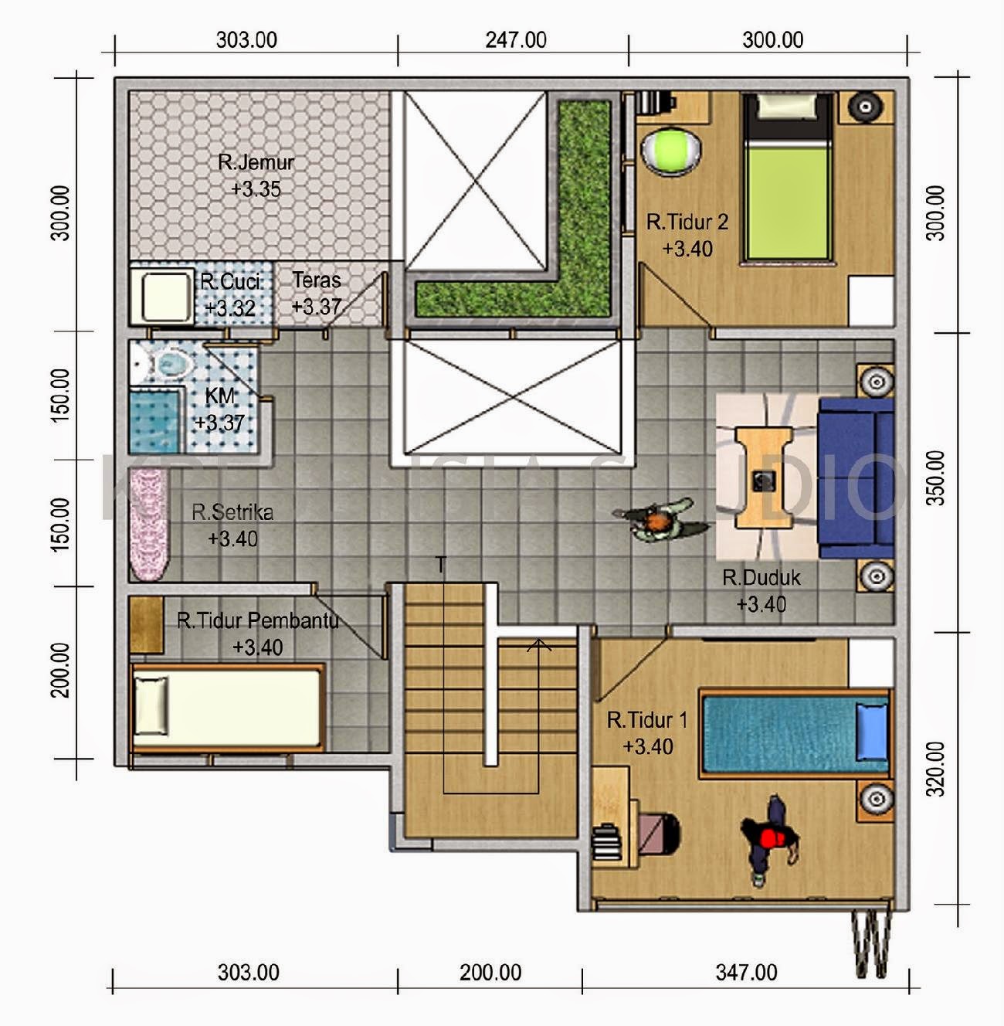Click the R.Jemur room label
tap(256, 163)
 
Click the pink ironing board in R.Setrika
tap(148, 525)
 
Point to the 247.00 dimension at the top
tap(515, 40)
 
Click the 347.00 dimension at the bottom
tap(746, 972)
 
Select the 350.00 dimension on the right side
tap(935, 477)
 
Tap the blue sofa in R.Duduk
tap(856, 477)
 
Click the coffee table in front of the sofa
tap(763, 477)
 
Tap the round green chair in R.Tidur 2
tap(671, 150)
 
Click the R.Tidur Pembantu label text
tap(257, 621)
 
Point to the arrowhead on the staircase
tap(539, 644)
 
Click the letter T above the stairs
tap(441, 566)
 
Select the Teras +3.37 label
tap(317, 294)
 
